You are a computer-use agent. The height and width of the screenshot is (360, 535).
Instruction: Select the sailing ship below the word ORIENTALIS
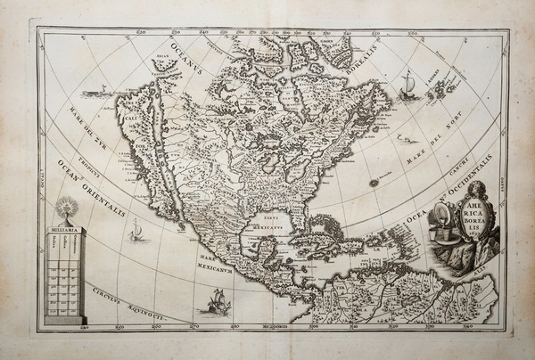[136, 234]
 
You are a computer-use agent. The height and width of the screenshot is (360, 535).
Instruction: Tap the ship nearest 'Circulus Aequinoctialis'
[212, 300]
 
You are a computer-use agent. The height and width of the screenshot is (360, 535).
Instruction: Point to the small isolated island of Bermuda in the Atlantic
[374, 182]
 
